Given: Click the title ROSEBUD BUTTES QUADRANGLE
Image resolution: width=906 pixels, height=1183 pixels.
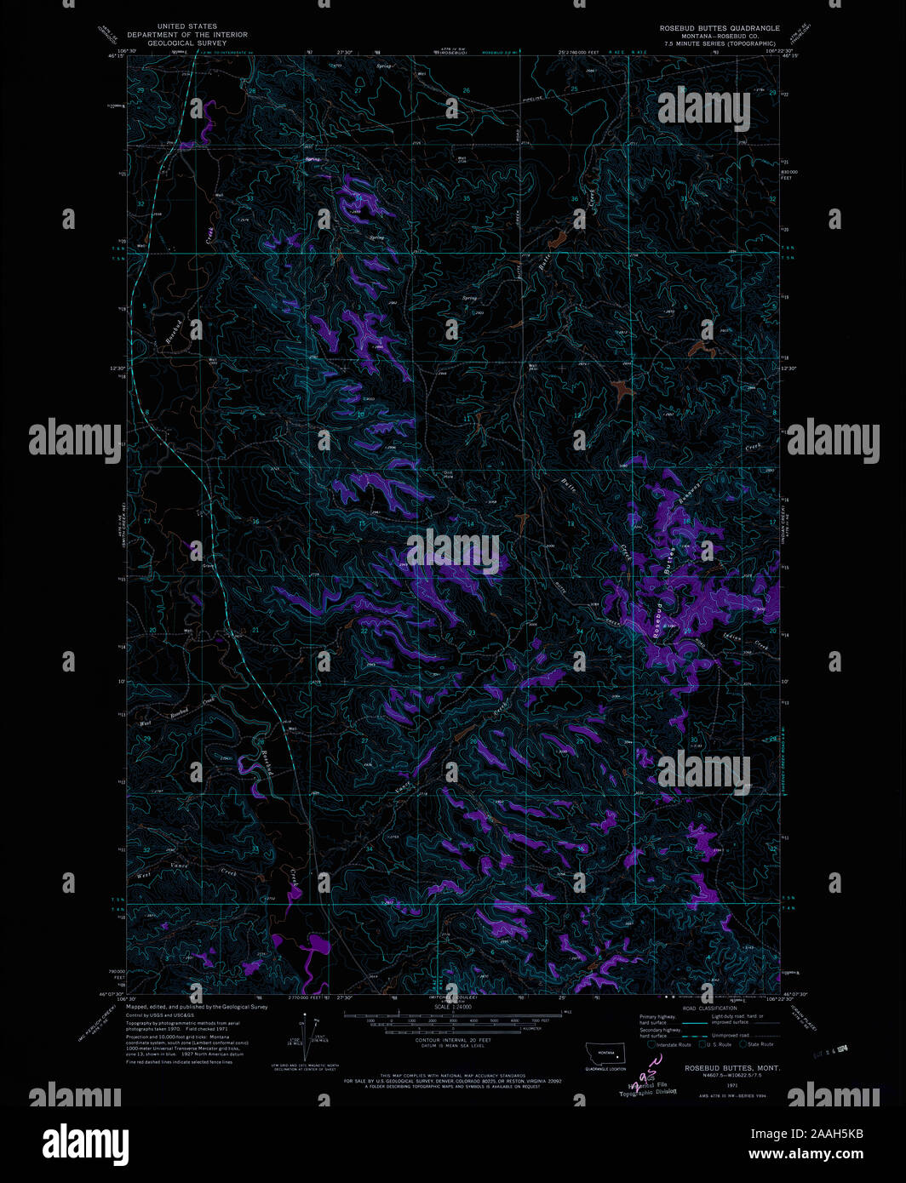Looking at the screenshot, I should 720,28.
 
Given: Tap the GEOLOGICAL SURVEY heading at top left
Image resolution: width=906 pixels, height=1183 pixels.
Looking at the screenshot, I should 187,43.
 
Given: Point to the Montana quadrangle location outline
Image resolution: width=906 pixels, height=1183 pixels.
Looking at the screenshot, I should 605,1053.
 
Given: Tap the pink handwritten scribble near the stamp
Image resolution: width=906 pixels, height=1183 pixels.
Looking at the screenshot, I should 649,1070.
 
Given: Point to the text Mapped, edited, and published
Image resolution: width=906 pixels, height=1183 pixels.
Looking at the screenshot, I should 197,1006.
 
